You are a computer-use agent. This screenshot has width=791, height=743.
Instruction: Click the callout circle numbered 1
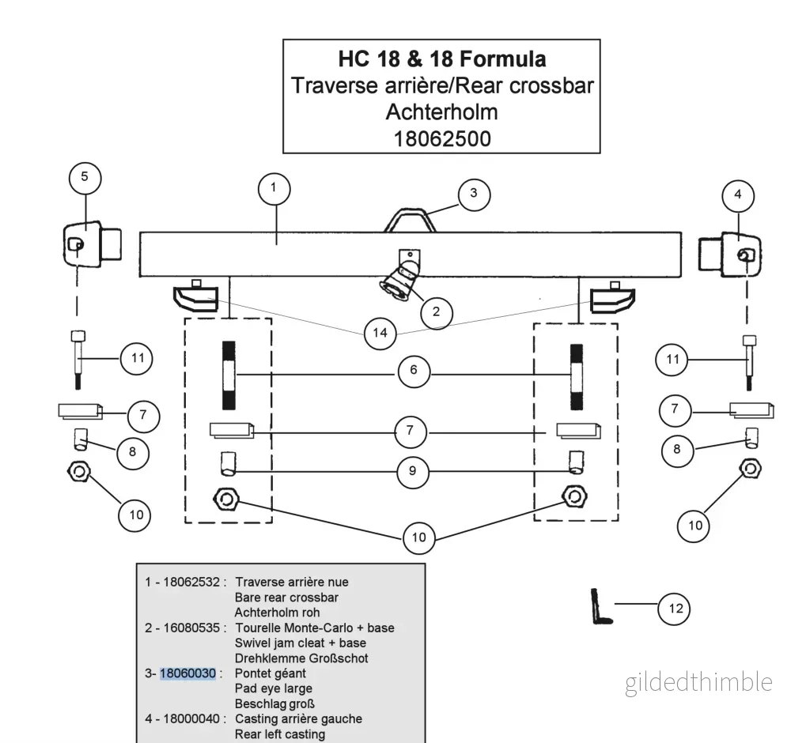274,189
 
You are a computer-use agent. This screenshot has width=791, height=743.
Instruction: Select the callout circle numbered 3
474,194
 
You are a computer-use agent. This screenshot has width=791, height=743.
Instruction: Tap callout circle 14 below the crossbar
380,333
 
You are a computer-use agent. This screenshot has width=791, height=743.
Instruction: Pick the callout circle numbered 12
675,609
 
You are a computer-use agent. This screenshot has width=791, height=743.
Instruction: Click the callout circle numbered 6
414,371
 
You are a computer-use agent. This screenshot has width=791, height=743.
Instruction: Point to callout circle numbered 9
413,471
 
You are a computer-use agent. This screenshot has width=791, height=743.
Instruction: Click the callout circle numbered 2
437,312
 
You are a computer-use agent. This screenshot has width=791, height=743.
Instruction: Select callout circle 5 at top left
85,177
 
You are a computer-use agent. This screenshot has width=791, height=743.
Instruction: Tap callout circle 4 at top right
738,195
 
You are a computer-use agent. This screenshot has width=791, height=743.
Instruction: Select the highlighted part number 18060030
187,673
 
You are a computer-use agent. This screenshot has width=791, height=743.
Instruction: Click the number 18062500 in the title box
442,139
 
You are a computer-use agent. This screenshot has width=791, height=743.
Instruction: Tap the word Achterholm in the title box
442,112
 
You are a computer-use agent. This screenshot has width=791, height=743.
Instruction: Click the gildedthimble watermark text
698,683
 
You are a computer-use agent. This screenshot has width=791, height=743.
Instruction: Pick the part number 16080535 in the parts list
191,628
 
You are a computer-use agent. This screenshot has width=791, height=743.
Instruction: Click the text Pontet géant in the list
271,674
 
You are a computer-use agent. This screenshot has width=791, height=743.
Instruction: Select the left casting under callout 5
93,244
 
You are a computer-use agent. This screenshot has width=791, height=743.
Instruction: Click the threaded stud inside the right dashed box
577,377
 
